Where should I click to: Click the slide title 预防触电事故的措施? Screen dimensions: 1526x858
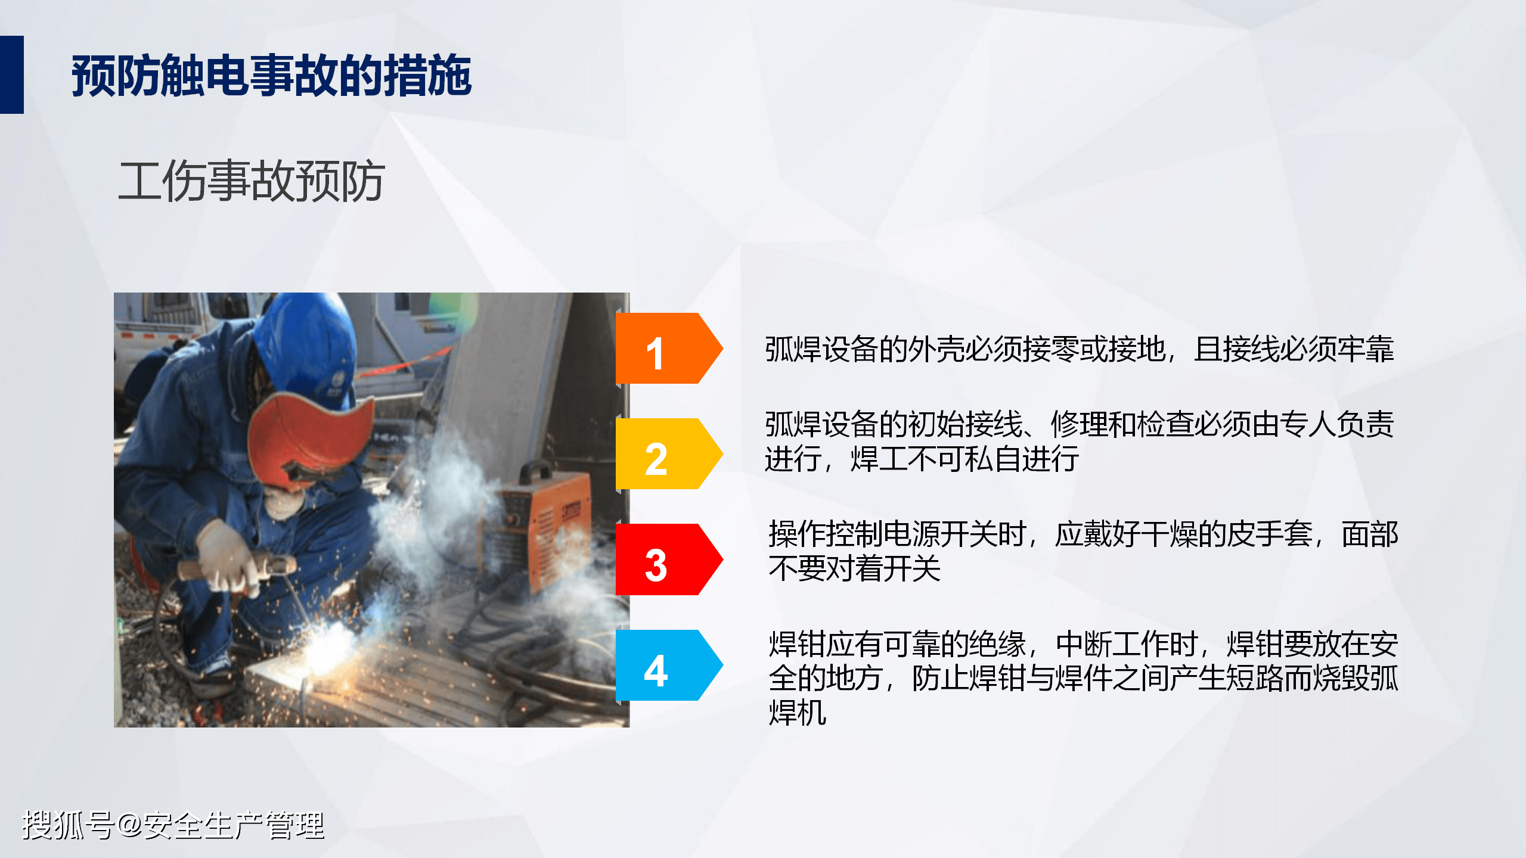[x=272, y=75]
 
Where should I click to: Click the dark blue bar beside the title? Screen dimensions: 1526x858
[x=12, y=74]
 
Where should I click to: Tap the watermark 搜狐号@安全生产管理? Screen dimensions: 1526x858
[x=173, y=825]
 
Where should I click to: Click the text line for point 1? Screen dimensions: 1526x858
[x=1080, y=349]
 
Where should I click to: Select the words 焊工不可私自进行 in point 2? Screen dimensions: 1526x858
[x=965, y=459]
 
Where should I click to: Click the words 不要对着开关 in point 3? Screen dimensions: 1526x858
[x=855, y=568]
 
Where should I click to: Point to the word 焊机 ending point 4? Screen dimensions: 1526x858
[x=798, y=713]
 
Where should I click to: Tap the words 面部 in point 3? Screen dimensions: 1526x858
[x=1370, y=534]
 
